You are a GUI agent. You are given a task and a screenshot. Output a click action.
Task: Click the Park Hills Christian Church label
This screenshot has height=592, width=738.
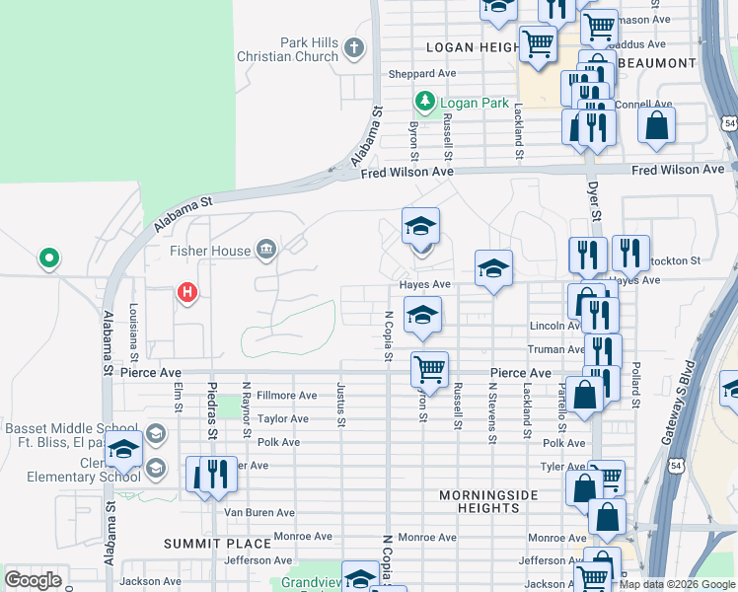[x=288, y=49]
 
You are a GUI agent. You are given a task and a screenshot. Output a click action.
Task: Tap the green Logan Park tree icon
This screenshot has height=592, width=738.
[x=425, y=102]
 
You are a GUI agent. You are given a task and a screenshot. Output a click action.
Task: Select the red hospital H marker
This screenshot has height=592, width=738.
[x=186, y=292]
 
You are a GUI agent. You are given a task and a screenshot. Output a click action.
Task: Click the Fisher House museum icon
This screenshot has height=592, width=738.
[x=265, y=251]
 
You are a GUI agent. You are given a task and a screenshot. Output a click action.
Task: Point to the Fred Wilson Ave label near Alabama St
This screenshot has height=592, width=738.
[x=406, y=172]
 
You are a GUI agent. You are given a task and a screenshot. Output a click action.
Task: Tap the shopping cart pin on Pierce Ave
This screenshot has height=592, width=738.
[x=429, y=370]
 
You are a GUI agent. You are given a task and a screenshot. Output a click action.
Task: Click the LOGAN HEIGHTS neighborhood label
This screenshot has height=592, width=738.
[x=473, y=47]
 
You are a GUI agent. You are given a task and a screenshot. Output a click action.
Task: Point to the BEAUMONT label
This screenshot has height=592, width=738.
[x=659, y=63]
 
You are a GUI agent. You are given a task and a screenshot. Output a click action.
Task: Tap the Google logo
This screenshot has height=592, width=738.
[x=33, y=580]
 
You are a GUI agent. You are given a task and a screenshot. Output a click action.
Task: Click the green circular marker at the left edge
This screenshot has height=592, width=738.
[x=48, y=259]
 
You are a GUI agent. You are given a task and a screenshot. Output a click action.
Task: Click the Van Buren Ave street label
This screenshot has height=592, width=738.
[x=259, y=513]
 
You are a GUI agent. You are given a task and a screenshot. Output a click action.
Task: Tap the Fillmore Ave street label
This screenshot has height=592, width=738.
[x=286, y=396]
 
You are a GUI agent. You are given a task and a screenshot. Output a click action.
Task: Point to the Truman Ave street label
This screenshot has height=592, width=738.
[x=556, y=349]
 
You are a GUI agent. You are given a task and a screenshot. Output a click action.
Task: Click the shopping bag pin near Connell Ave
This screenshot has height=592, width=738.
[x=656, y=126]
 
